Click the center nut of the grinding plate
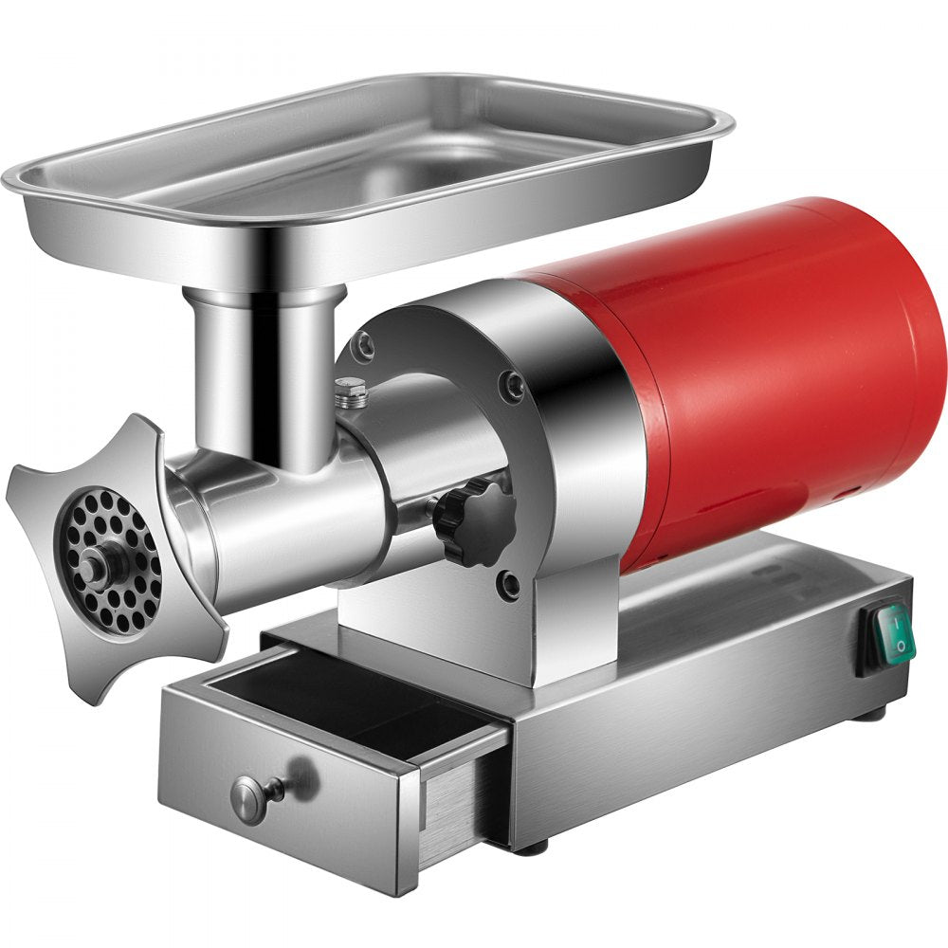(x=92, y=567)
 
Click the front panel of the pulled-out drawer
(x=284, y=796)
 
